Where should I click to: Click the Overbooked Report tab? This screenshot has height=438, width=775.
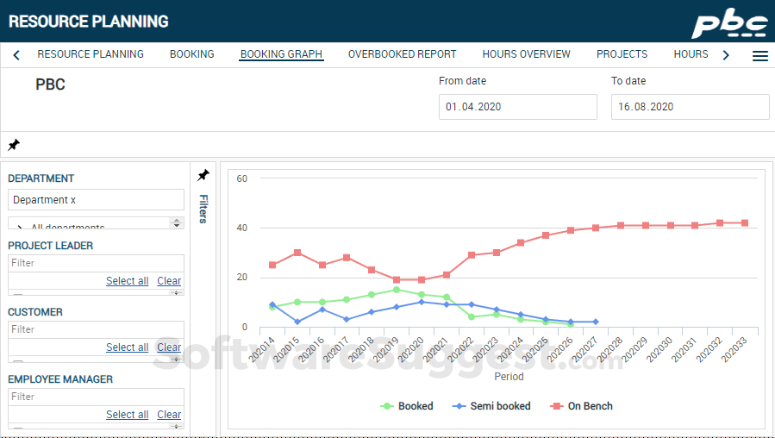[x=402, y=54]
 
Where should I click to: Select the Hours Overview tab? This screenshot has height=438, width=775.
[x=526, y=54]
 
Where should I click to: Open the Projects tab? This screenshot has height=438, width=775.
[x=622, y=54]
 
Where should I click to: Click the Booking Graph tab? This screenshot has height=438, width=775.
[x=281, y=54]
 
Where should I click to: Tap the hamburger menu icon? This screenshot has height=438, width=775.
[x=760, y=56]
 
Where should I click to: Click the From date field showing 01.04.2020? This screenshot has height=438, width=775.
[x=517, y=107]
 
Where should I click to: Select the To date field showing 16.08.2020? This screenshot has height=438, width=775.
[x=690, y=107]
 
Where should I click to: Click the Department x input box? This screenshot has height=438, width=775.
[x=96, y=200]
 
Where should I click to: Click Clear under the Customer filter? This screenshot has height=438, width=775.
[x=169, y=347]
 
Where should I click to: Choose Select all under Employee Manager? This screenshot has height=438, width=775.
[x=127, y=415]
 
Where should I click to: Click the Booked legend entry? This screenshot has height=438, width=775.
[x=407, y=406]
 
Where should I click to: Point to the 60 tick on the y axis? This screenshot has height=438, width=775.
[x=242, y=179]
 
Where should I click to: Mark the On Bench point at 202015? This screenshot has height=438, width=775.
[x=297, y=253]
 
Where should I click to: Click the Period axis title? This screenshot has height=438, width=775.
[x=509, y=377]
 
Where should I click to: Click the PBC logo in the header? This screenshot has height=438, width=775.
[x=729, y=22]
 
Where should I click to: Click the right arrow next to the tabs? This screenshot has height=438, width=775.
[x=726, y=55]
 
